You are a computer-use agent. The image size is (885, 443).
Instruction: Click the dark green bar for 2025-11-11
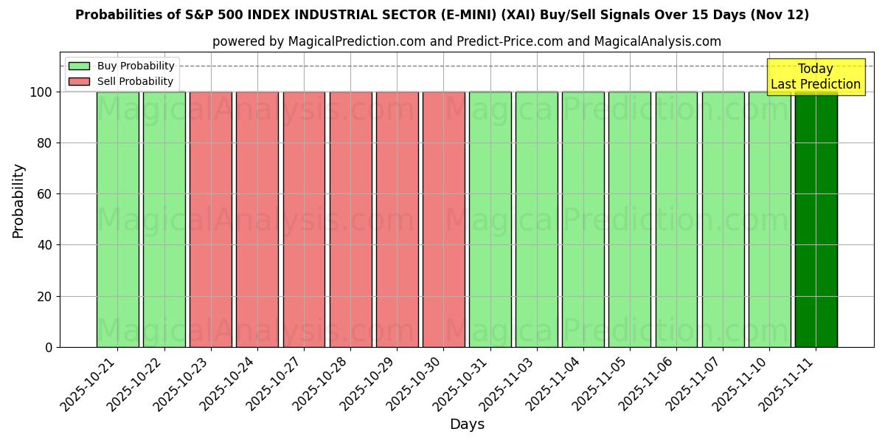[x=816, y=219]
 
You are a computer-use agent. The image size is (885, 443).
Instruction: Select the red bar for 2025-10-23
[x=211, y=219]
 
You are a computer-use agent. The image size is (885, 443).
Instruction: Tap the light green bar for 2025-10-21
[x=117, y=219]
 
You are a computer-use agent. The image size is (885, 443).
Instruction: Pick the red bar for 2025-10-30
[x=444, y=219]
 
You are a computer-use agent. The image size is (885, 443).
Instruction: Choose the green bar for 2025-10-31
[x=490, y=219]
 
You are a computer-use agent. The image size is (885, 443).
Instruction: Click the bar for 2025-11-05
[x=630, y=219]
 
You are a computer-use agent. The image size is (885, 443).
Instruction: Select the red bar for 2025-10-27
[x=304, y=219]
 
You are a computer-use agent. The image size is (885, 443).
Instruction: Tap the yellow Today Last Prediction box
[x=816, y=77]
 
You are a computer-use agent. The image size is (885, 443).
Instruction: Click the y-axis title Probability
[x=18, y=201]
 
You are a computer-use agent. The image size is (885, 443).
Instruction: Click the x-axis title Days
[x=467, y=425]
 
